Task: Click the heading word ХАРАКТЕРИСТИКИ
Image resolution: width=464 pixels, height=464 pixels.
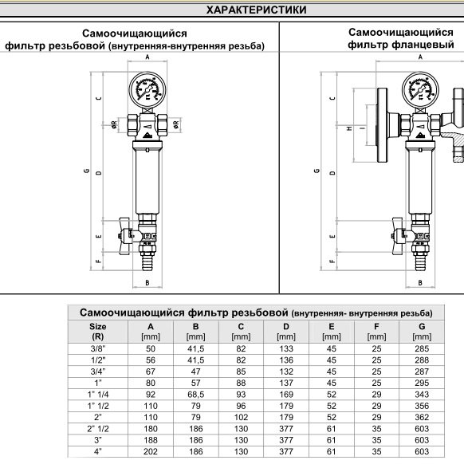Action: [x=256, y=10]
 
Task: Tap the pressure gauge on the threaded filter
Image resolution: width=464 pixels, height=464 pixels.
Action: [x=147, y=89]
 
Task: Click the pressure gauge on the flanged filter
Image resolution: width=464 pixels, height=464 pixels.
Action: [x=420, y=89]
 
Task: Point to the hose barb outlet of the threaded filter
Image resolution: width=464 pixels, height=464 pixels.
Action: [x=147, y=261]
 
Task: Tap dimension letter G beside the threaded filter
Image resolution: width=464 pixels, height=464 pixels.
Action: [x=87, y=171]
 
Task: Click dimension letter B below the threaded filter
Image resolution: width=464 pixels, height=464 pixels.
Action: [x=147, y=283]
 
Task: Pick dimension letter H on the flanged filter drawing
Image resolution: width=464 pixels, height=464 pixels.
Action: [x=350, y=128]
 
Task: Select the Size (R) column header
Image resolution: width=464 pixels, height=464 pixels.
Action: [x=97, y=332]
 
